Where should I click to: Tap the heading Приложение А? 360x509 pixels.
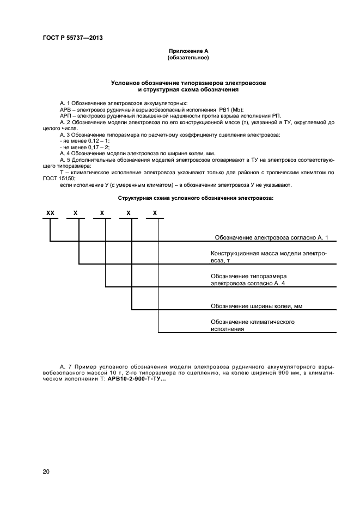(188, 51)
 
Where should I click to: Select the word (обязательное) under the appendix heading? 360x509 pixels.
(188, 57)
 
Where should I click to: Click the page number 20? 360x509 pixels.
(46, 471)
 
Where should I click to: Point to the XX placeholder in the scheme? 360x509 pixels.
(50, 213)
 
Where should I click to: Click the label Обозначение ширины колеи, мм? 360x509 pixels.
(256, 306)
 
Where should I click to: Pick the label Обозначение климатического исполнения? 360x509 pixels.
(253, 326)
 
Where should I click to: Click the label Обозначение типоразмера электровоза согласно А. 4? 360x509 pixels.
(248, 280)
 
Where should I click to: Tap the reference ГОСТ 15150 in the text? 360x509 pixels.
(59, 179)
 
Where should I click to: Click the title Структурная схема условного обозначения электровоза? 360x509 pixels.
(196, 198)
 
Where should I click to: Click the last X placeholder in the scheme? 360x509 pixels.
(155, 213)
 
